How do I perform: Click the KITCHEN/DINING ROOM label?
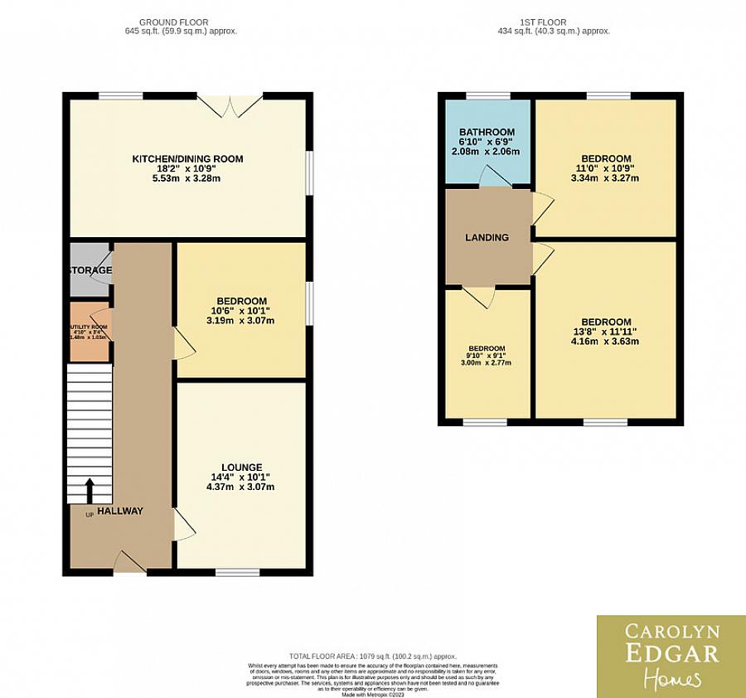[x=188, y=158]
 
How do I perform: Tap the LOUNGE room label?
[x=241, y=467]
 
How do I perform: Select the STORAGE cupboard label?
[x=90, y=270]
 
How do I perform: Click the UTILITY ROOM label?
[x=88, y=327]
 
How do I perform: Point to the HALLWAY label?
[x=120, y=511]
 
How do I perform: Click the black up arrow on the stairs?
[x=89, y=490]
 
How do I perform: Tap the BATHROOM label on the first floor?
[x=487, y=132]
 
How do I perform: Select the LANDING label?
[x=487, y=238]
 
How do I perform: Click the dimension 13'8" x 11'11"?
[x=605, y=333]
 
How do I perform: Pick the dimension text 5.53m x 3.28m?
[x=188, y=178]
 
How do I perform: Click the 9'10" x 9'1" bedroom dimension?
[x=487, y=356]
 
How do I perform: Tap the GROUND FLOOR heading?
[x=174, y=22]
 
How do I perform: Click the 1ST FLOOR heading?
[x=550, y=22]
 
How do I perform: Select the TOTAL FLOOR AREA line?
[x=372, y=657]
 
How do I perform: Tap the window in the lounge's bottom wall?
[x=237, y=571]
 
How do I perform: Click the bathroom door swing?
[x=494, y=177]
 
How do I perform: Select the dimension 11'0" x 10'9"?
[x=605, y=168]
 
